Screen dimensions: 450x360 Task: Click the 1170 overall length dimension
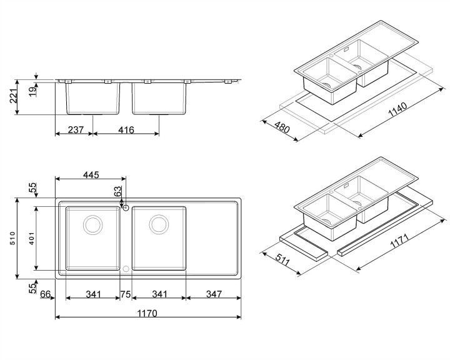tap(147, 313)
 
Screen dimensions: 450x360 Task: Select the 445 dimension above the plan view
tap(91, 175)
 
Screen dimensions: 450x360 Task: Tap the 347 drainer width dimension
tap(214, 294)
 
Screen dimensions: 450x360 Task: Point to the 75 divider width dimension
tap(126, 294)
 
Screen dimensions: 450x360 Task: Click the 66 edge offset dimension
tap(46, 294)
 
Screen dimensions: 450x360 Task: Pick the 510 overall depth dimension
tap(12, 238)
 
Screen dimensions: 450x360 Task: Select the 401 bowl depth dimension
tap(32, 238)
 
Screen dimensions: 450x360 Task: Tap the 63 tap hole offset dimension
tap(117, 191)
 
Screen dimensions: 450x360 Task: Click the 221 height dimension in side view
tap(14, 96)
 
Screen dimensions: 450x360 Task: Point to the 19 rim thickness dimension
tap(33, 91)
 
